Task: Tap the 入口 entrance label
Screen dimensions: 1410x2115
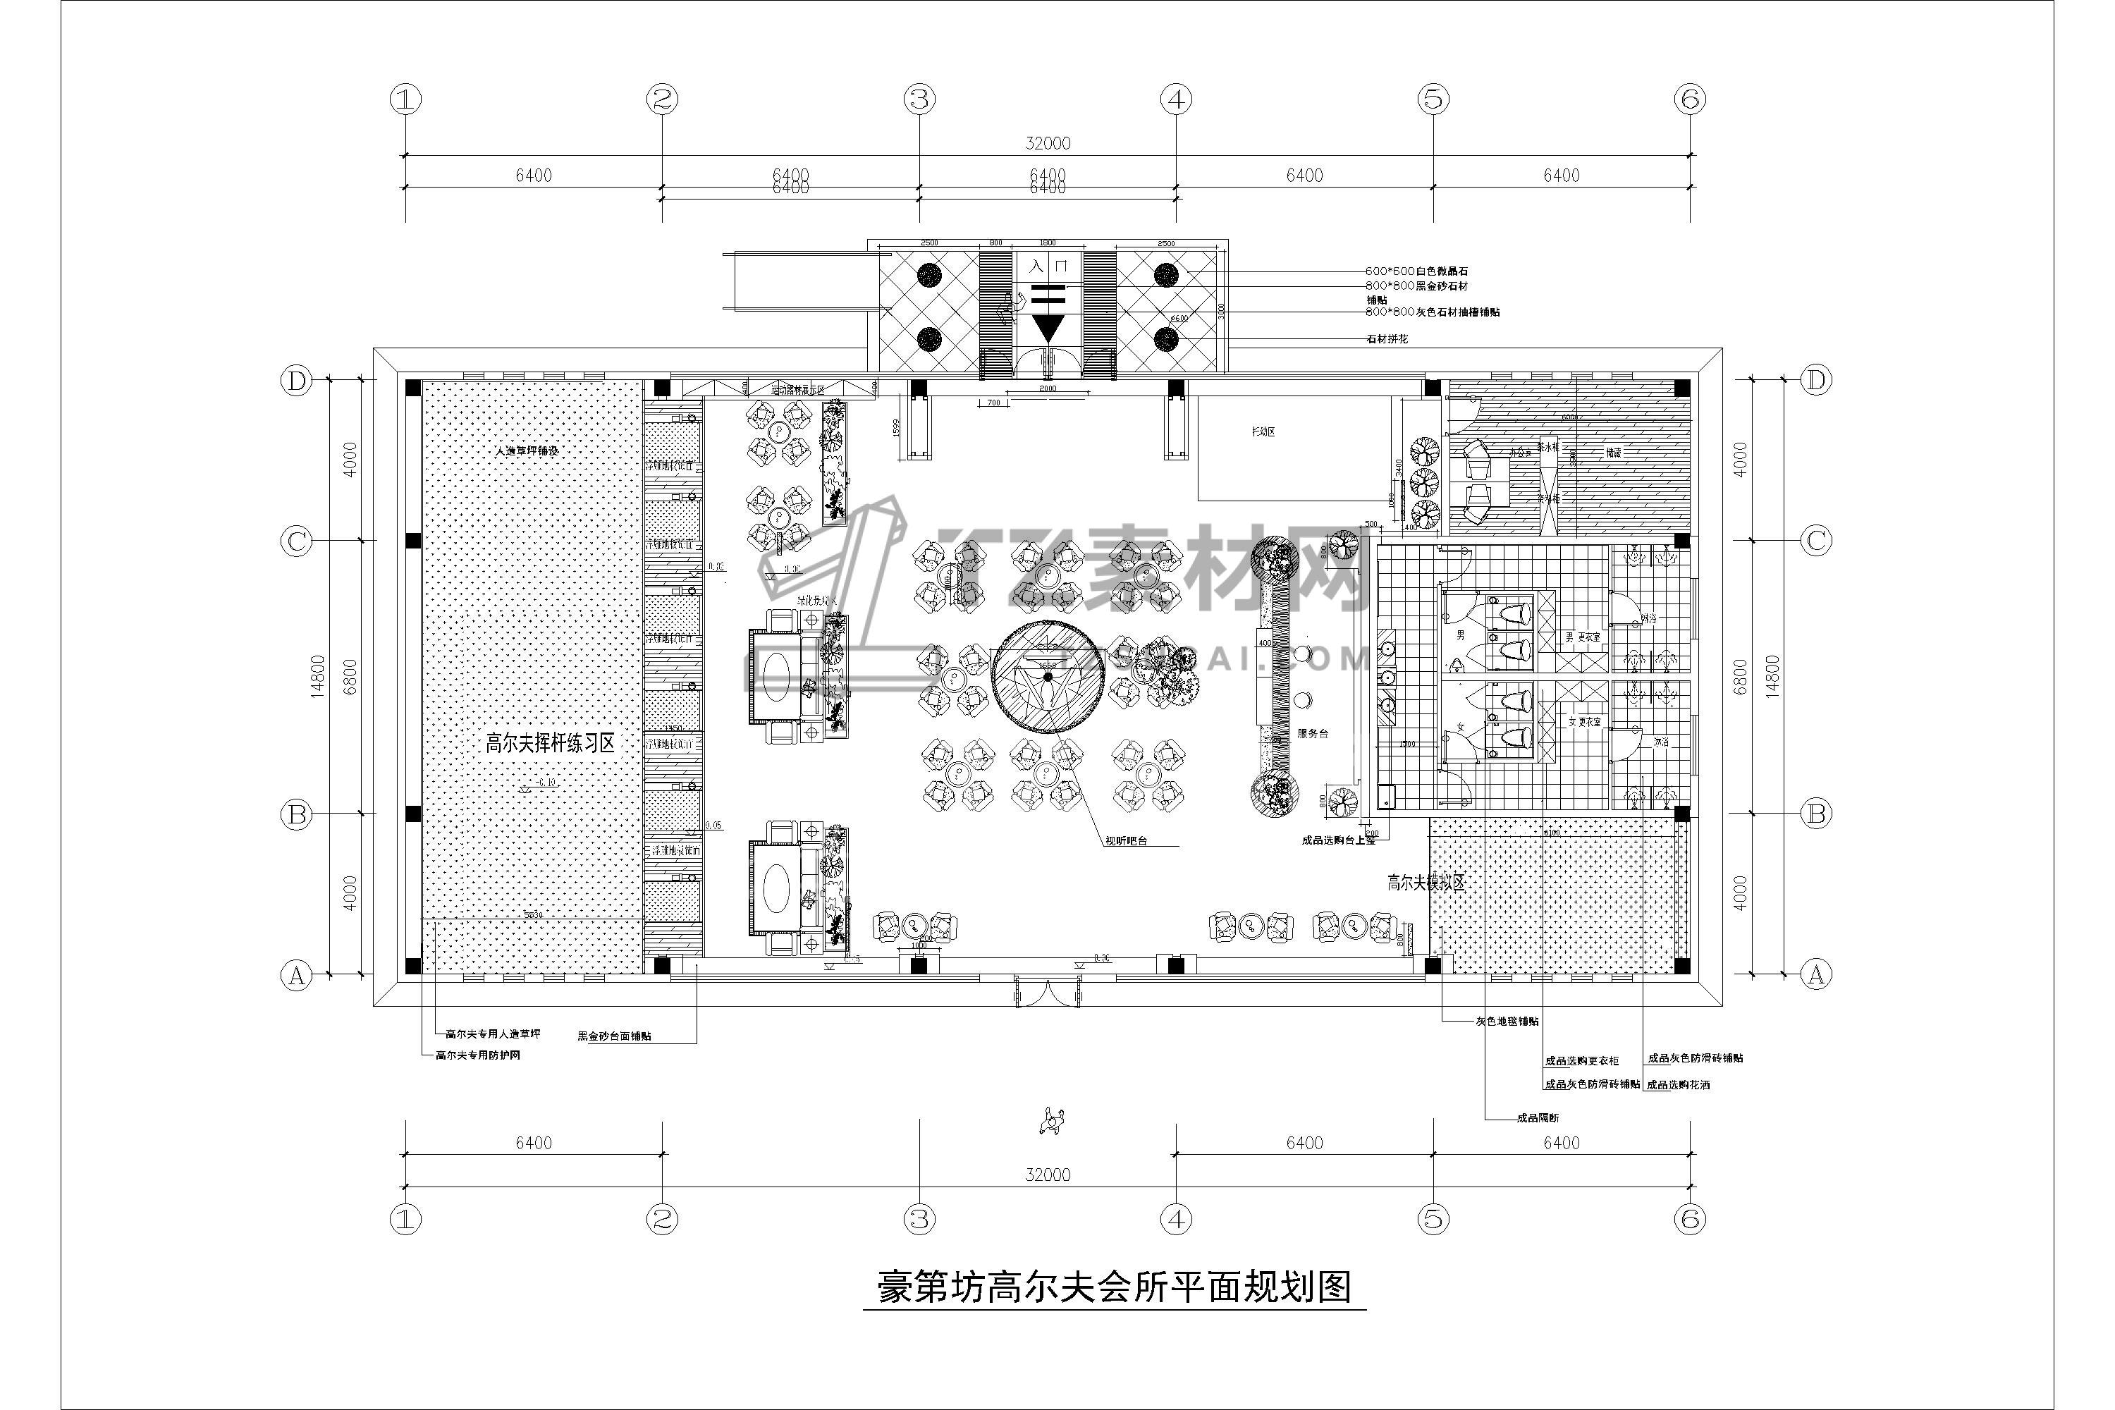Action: (1048, 266)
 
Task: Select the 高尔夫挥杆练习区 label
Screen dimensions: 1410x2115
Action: (551, 744)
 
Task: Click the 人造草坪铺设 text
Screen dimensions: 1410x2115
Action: (527, 450)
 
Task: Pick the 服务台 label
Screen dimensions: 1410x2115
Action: (1313, 734)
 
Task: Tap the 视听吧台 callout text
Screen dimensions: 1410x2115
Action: (1127, 842)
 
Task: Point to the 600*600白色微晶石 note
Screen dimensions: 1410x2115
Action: (1416, 271)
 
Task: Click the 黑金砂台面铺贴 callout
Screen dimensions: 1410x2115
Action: (614, 1036)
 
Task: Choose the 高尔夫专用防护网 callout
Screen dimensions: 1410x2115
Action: (477, 1055)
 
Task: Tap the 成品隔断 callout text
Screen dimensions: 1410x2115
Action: (1538, 1117)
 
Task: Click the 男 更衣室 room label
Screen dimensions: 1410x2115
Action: (1583, 637)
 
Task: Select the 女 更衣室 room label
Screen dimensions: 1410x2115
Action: (1586, 721)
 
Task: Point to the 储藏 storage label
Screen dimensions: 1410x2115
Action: (1614, 453)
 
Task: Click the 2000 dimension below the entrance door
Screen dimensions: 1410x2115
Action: (1048, 388)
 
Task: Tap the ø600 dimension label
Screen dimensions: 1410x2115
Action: (1178, 317)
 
